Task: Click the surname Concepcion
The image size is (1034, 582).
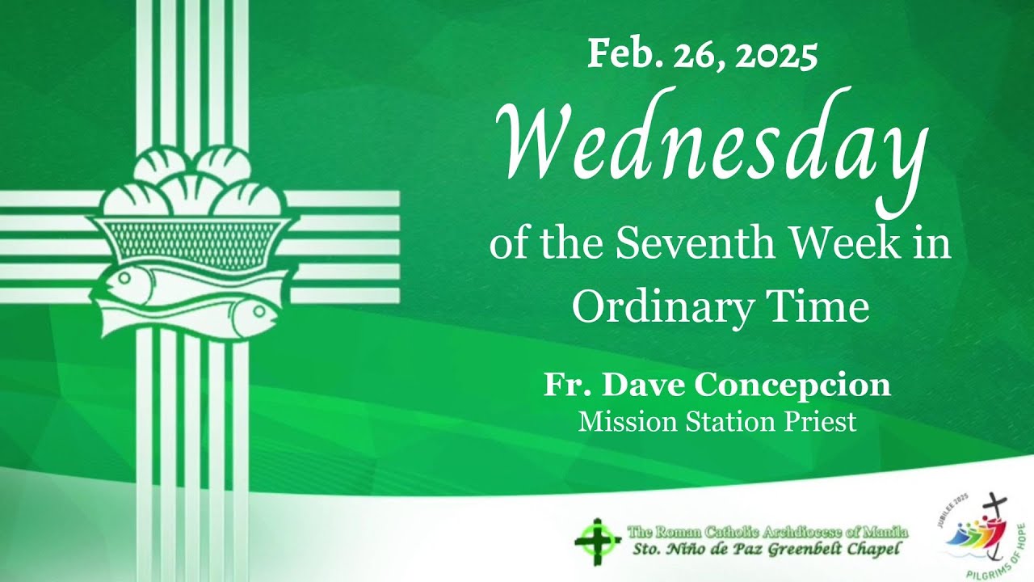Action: click(x=793, y=386)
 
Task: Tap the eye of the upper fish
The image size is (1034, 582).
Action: click(x=124, y=278)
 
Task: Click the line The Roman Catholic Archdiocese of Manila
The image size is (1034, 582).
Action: click(x=767, y=532)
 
